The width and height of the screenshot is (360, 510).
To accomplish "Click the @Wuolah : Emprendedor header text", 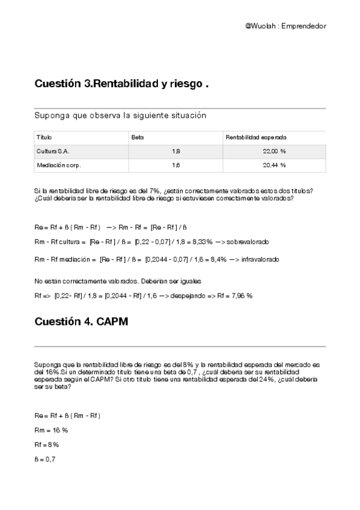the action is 285,26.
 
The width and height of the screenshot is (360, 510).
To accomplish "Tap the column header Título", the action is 44,137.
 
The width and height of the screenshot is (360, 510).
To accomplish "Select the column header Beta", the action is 138,137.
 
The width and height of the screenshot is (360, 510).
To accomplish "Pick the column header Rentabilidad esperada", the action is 255,137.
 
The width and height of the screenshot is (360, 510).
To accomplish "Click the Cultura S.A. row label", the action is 52,151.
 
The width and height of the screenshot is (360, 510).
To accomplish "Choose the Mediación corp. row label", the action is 58,164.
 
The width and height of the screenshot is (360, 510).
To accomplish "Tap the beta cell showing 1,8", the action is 175,151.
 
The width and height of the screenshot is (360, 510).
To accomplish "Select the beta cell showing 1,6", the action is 175,164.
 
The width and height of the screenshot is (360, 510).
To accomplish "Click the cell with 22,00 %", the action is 274,151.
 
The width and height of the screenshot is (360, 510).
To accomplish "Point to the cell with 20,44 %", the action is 274,164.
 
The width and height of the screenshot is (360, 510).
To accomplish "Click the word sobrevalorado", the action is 248,241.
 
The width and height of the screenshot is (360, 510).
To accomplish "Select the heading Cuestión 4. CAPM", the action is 81,321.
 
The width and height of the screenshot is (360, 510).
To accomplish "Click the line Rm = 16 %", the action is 51,430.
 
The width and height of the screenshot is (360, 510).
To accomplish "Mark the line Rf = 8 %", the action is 47,444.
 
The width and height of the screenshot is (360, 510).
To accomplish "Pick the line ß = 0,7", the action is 45,459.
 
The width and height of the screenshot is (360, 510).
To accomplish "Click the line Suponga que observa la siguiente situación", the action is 120,115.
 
